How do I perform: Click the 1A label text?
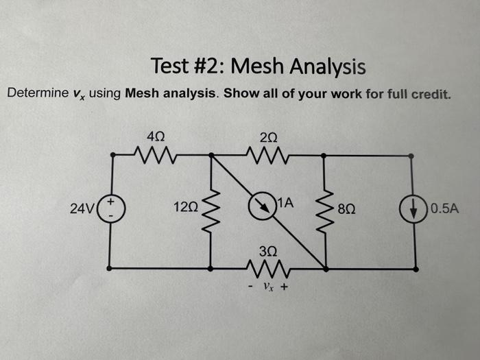(x=286, y=203)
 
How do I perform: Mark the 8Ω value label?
(x=347, y=208)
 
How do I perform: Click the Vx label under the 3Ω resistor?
(x=267, y=287)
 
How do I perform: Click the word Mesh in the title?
(x=259, y=67)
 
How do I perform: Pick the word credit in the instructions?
(x=432, y=93)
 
